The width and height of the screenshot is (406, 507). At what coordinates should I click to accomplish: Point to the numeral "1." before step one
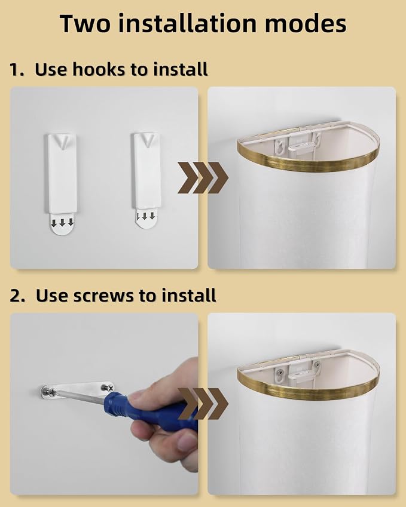pyautogui.click(x=17, y=70)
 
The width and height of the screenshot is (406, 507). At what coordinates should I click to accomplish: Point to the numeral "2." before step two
pyautogui.click(x=17, y=296)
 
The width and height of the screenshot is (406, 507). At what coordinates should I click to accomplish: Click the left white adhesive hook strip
pyautogui.click(x=62, y=174)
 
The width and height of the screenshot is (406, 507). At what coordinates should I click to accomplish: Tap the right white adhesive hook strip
pyautogui.click(x=146, y=170)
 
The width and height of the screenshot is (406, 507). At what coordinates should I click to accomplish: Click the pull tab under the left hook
pyautogui.click(x=62, y=224)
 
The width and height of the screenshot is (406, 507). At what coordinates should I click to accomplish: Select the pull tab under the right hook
pyautogui.click(x=146, y=218)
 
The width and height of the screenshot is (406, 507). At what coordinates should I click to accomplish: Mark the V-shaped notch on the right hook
pyautogui.click(x=148, y=141)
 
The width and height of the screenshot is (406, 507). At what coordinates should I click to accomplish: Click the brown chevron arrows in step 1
pyautogui.click(x=203, y=177)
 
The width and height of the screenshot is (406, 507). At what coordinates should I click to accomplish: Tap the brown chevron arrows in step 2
pyautogui.click(x=203, y=404)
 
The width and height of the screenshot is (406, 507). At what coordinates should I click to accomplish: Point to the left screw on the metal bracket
pyautogui.click(x=49, y=393)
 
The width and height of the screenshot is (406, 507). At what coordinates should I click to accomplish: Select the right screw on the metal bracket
pyautogui.click(x=107, y=387)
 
